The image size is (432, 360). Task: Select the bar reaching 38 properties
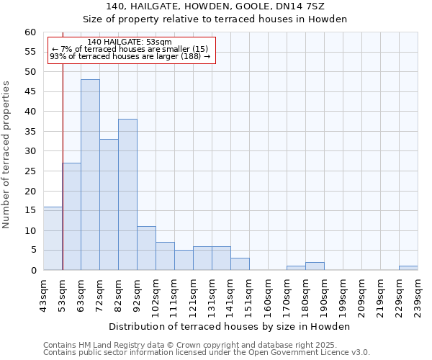coord(127,194)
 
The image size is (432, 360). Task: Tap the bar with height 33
coord(109,204)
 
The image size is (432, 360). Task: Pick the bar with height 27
coord(71,216)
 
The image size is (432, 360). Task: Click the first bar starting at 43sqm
coord(53,238)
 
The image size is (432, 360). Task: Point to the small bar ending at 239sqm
coord(408,268)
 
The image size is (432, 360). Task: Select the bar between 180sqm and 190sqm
coord(315,266)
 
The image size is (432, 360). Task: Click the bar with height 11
coord(146,248)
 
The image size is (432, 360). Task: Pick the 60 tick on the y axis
coord(30,32)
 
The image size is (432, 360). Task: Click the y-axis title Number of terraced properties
coord(6,155)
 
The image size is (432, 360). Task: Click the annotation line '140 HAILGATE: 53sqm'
coord(129,42)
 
